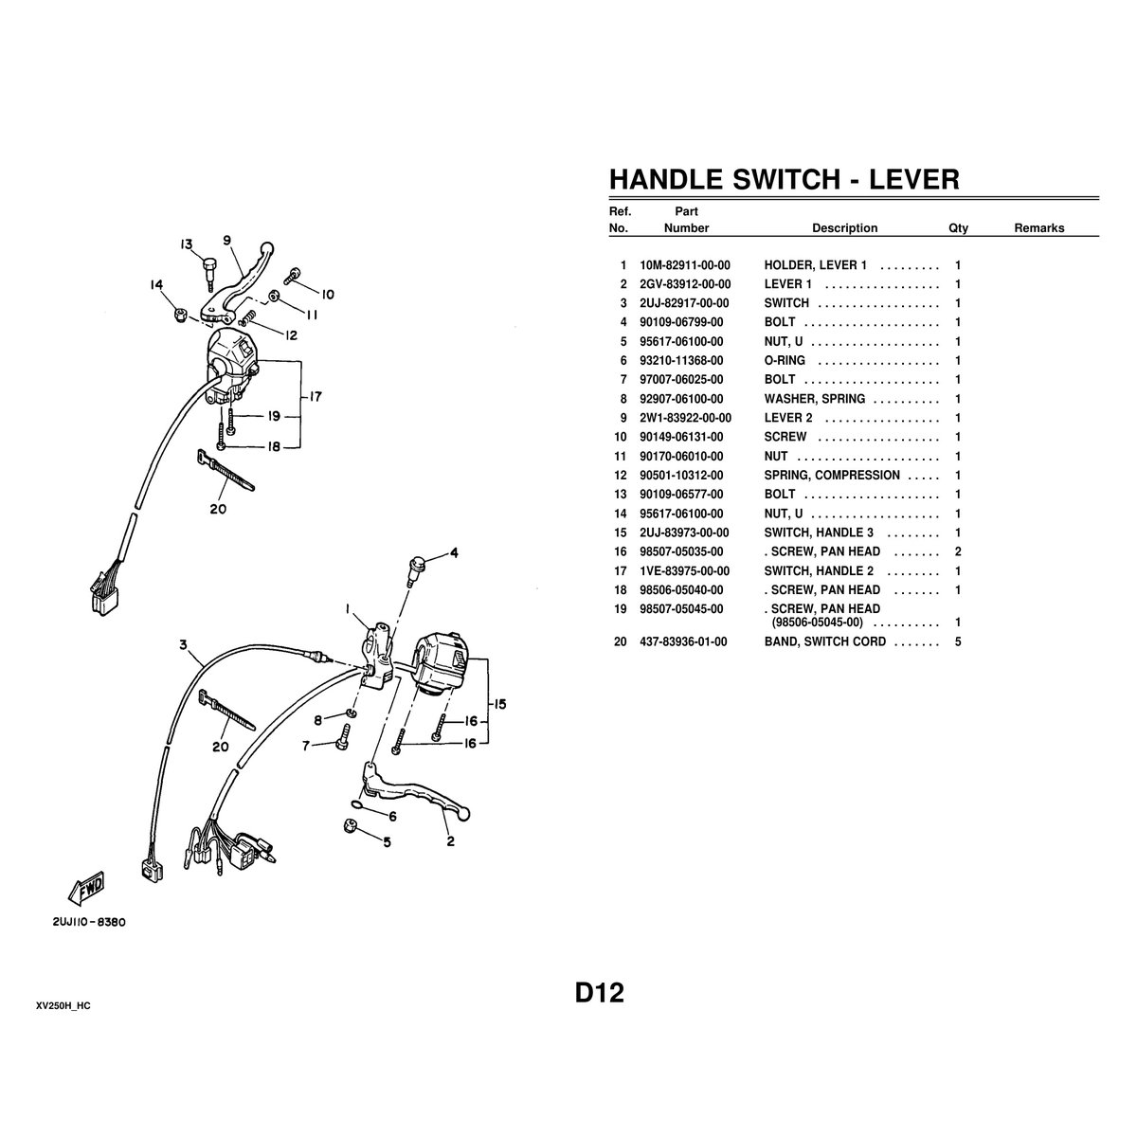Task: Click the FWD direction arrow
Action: (87, 888)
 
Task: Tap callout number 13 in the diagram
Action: (187, 244)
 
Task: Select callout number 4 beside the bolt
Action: (454, 552)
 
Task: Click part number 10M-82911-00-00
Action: (684, 265)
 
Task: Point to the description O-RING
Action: (785, 360)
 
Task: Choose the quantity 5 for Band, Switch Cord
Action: (958, 641)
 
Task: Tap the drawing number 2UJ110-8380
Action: (89, 922)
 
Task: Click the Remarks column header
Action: (1039, 228)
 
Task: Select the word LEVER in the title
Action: (914, 179)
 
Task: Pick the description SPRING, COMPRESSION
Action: (832, 475)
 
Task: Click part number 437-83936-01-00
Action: (683, 641)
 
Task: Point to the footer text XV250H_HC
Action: (63, 1006)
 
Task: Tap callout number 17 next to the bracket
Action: (316, 396)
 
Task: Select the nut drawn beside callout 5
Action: (350, 826)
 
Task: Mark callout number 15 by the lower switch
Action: (499, 704)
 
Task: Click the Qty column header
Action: (958, 228)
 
